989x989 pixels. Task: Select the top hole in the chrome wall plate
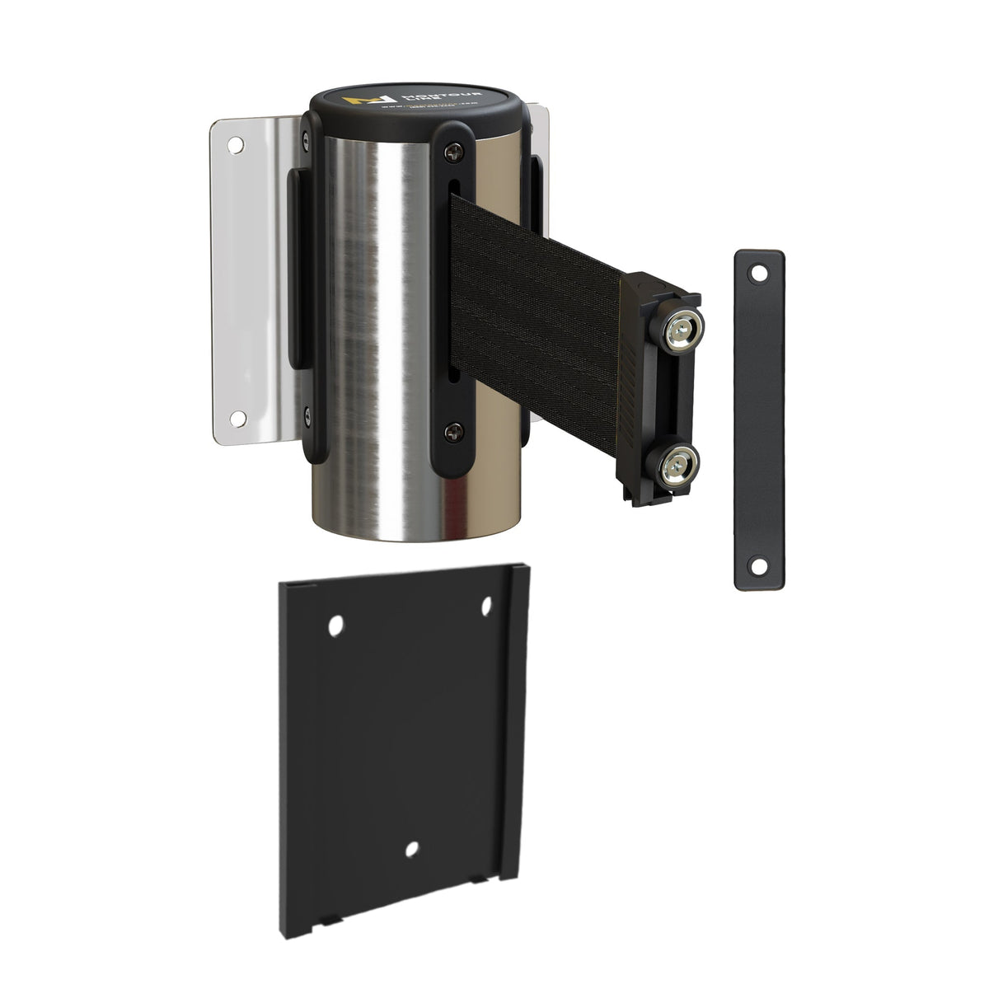click(x=235, y=146)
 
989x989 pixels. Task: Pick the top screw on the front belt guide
click(x=453, y=151)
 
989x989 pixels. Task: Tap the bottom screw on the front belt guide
click(x=453, y=429)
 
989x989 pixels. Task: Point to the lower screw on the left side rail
click(x=307, y=414)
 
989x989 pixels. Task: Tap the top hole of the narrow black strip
click(x=759, y=271)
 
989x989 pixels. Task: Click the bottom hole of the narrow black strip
click(x=757, y=566)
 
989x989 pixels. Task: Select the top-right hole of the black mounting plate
click(x=485, y=607)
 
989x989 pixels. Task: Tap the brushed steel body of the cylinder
click(x=371, y=330)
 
